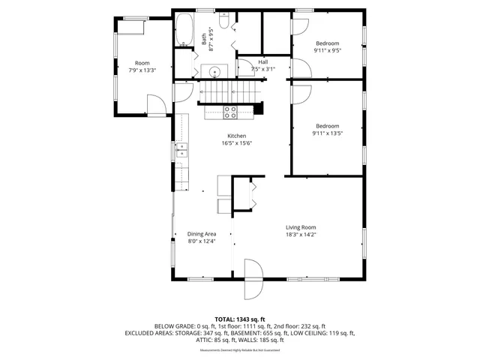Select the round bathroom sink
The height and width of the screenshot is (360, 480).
click(215, 73)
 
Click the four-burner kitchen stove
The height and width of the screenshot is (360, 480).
click(230, 112)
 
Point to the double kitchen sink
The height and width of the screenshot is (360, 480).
click(182, 154)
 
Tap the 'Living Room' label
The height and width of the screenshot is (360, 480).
click(300, 227)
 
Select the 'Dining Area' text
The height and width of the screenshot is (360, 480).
click(201, 234)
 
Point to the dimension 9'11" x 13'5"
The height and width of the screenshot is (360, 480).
click(327, 133)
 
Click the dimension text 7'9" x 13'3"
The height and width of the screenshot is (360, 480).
click(142, 70)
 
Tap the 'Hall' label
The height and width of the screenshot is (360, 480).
click(263, 61)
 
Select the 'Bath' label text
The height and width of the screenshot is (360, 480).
click(204, 39)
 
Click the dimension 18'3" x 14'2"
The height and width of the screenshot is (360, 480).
click(300, 235)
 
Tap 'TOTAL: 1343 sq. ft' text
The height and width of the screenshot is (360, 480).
click(239, 319)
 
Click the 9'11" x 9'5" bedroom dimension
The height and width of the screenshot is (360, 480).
click(327, 51)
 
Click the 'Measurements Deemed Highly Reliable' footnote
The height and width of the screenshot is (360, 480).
click(239, 350)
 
